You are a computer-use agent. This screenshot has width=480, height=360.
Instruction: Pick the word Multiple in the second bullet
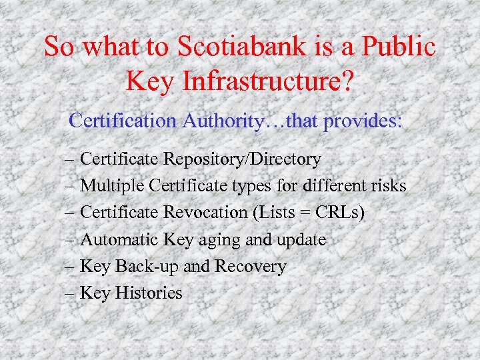113,186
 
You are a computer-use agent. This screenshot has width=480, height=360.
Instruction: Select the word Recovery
250,266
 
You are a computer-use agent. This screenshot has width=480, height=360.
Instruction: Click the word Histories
148,293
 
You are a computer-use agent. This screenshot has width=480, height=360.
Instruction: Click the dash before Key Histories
71,293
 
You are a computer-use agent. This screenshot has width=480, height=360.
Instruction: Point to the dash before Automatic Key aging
71,240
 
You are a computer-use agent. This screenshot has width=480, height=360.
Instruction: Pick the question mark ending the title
347,82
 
